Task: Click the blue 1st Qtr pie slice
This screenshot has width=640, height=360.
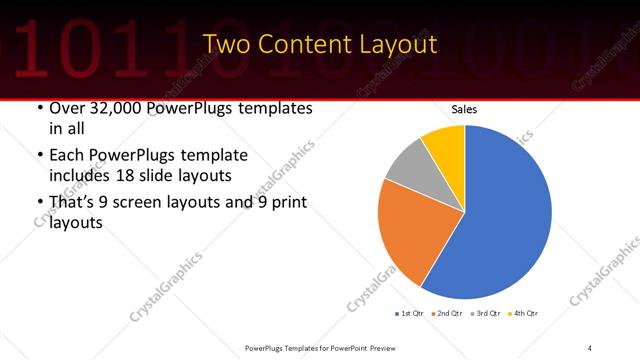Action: pyautogui.click(x=505, y=215)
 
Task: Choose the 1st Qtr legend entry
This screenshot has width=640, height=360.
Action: pyautogui.click(x=409, y=313)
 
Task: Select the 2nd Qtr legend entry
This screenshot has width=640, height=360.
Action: pyautogui.click(x=447, y=313)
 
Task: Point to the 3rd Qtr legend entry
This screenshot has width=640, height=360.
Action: pyautogui.click(x=485, y=313)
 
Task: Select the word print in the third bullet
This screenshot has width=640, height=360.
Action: pyautogui.click(x=288, y=202)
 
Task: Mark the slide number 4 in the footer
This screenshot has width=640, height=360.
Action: pyautogui.click(x=590, y=347)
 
